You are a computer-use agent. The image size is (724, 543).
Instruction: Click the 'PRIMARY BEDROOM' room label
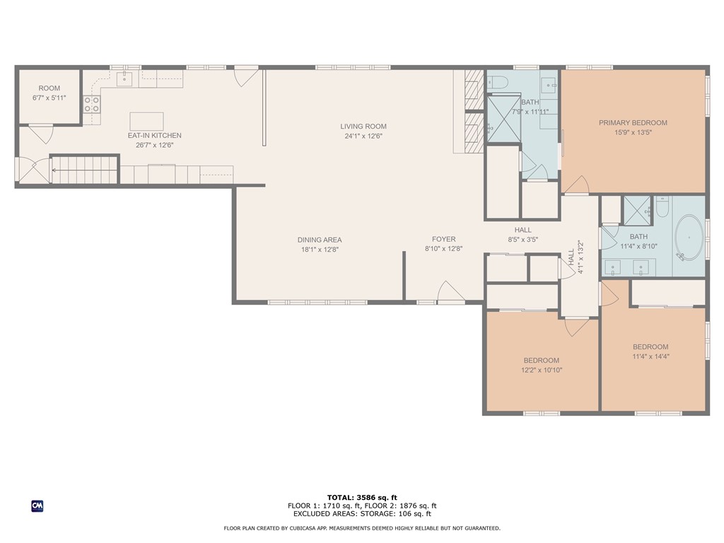(633, 123)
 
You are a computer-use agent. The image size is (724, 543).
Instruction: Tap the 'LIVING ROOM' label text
(363, 126)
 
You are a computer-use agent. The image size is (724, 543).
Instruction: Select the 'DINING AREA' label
(320, 240)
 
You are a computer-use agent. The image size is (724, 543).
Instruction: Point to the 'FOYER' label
(444, 239)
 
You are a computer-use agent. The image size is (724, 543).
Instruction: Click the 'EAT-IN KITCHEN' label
(154, 135)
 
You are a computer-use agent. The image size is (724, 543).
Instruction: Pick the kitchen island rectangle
(146, 122)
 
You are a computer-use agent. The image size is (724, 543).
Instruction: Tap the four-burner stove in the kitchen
(91, 104)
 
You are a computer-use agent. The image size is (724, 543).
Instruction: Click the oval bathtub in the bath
(689, 238)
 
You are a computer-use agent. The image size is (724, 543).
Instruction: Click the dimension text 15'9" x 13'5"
(633, 132)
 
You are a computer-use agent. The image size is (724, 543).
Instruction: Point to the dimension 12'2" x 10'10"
(542, 370)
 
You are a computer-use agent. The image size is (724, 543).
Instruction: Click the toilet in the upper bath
(497, 82)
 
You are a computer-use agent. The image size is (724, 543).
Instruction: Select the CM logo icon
(37, 506)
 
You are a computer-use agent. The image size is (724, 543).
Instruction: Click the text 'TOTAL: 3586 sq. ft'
(362, 497)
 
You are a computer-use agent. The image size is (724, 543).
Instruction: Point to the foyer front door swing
(451, 292)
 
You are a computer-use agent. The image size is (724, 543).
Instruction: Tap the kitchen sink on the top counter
(124, 79)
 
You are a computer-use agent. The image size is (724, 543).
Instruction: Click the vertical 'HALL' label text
(571, 257)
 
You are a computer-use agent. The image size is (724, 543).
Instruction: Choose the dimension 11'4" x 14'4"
(650, 356)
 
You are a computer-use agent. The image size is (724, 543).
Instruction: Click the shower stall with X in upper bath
(503, 118)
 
